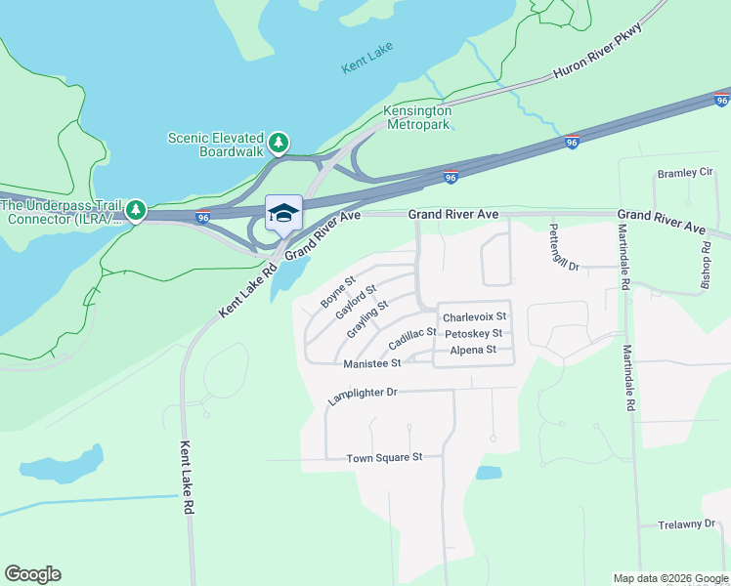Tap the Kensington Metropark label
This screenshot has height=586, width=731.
pos(418,117)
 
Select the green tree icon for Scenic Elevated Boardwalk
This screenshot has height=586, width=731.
pos(279,145)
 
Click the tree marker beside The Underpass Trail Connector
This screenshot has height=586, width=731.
pos(136,210)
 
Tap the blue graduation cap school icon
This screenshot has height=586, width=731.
pos(283,213)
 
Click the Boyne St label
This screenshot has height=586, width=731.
pos(338,291)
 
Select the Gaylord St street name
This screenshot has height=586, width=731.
pos(356,303)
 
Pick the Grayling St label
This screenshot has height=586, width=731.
pos(367,318)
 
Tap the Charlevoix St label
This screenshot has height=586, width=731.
pos(474,317)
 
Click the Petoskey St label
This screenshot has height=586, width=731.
pos(473,334)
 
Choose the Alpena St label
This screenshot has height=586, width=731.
pos(473,350)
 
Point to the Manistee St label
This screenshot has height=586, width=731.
pos(372,363)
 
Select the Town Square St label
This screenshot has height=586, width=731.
pos(384,457)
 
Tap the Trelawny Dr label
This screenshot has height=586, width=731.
pos(687,524)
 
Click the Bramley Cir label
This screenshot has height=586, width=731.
pos(685,173)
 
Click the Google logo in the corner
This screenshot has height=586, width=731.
pos(32,574)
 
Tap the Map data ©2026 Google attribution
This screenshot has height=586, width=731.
pos(670,578)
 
